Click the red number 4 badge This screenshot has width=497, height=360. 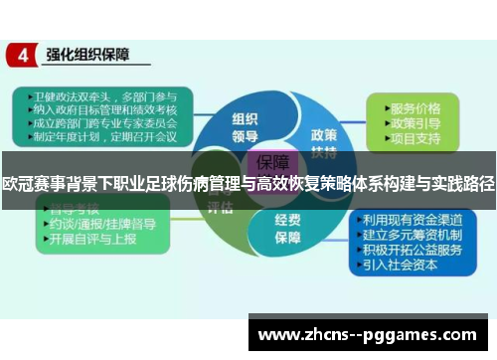(x=22, y=55)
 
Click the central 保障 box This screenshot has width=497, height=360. (x=274, y=162)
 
